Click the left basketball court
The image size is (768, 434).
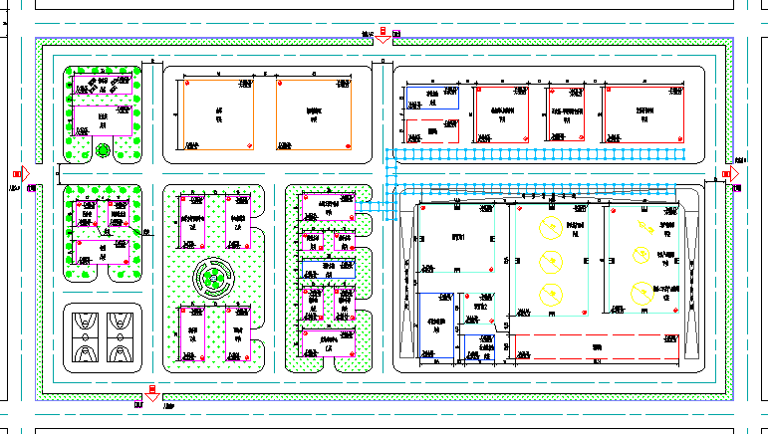point(86,335)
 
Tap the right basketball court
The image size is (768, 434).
point(123,335)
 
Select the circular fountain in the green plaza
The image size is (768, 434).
point(213,278)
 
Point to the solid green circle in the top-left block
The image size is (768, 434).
point(103,152)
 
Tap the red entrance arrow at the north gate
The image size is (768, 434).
point(382,36)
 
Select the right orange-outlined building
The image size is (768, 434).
point(314,113)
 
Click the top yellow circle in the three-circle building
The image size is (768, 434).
point(548,226)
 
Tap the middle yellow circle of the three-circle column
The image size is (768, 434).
point(548,262)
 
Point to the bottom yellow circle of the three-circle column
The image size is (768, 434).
point(548,296)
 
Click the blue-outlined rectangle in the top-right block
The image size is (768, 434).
point(431,97)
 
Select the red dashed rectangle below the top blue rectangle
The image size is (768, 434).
point(431,129)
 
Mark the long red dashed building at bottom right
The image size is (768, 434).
point(596,348)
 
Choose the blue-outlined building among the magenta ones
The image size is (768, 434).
point(329,270)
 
